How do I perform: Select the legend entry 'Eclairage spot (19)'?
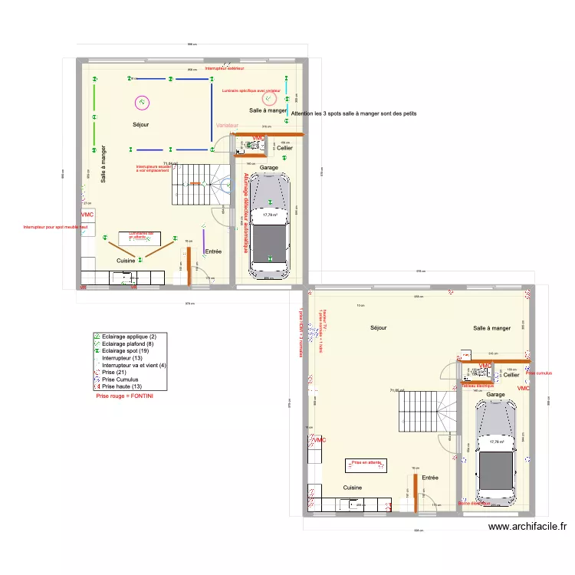127,351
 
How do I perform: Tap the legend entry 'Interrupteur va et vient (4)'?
133,366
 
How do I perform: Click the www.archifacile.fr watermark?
527,527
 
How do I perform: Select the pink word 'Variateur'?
227,125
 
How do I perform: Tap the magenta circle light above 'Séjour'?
141,101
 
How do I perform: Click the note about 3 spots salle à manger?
353,113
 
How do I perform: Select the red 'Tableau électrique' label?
479,386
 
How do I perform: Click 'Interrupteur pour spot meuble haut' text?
51,227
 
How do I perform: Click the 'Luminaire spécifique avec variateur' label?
251,90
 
